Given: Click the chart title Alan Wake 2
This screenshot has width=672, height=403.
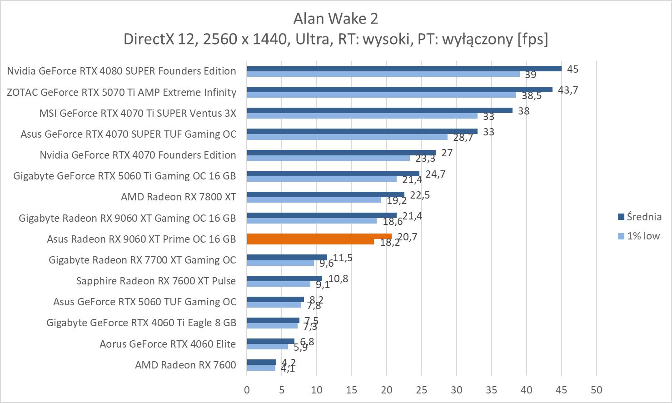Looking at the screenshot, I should [x=335, y=18].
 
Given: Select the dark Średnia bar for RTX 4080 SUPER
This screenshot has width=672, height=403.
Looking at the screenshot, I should [x=403, y=69].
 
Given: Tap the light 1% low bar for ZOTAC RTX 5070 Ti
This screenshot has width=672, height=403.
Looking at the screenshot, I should [x=381, y=95].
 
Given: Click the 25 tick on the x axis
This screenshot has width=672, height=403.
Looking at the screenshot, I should [x=422, y=390].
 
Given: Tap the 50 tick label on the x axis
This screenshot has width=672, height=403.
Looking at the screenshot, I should [x=596, y=390].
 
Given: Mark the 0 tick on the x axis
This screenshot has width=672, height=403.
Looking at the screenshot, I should [x=247, y=390].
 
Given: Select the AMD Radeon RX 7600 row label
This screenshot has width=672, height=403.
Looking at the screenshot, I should [x=185, y=365].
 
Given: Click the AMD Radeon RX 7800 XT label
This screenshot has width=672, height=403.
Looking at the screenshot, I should [x=178, y=197].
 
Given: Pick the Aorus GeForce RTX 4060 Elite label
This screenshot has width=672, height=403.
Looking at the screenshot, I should [x=168, y=344].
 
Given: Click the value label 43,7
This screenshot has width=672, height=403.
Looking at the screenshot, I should [x=567, y=90].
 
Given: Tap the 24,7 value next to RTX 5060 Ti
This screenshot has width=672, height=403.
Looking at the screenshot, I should [x=435, y=174].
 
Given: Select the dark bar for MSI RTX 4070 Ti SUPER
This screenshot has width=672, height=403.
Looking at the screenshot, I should [x=379, y=110].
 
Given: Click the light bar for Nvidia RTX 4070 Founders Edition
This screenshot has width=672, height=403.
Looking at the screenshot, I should [x=328, y=158].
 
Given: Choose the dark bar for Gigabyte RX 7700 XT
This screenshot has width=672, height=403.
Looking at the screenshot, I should [x=287, y=257].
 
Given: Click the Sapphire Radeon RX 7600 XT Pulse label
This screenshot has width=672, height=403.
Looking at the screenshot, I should [x=156, y=281].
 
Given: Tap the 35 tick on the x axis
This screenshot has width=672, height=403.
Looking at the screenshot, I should [x=491, y=390].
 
